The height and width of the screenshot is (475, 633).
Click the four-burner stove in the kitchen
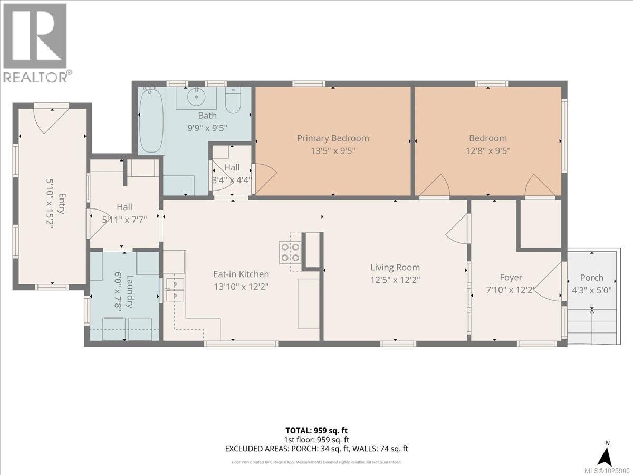(x=290, y=252)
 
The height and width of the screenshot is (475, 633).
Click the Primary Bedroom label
(x=332, y=138)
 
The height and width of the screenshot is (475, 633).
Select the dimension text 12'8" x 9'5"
(x=488, y=150)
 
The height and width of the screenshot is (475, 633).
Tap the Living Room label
(x=395, y=268)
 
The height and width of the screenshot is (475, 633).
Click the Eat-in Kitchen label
(x=241, y=274)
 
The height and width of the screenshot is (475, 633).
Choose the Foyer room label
(x=511, y=277)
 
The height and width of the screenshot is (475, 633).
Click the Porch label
(x=591, y=278)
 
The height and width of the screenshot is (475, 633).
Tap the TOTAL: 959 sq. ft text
(x=316, y=431)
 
